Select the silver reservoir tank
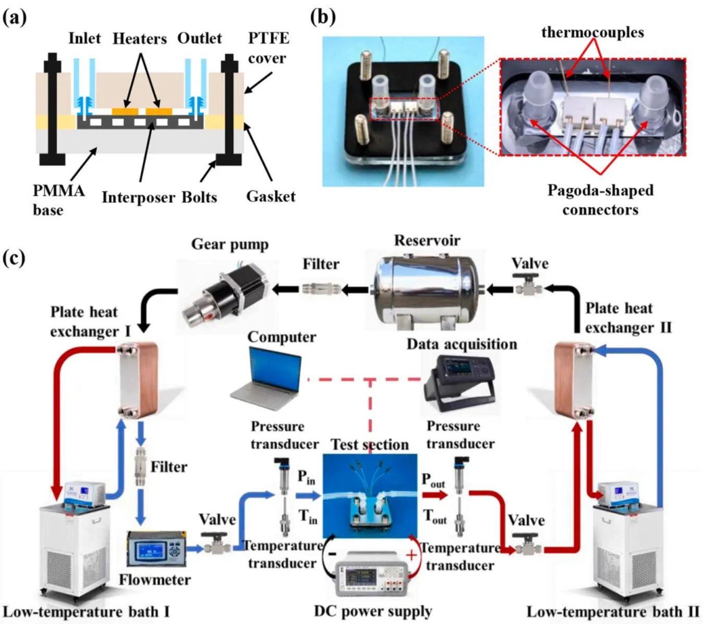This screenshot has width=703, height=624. pyautogui.click(x=427, y=289)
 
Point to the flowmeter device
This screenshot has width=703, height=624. pyautogui.click(x=156, y=548)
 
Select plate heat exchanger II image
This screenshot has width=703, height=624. pyautogui.click(x=574, y=380)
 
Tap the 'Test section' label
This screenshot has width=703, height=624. pyautogui.click(x=370, y=445)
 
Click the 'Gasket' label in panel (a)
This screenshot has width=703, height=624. pyautogui.click(x=271, y=196)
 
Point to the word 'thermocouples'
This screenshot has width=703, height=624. pyautogui.click(x=592, y=32)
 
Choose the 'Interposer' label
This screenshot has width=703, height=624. pyautogui.click(x=138, y=197)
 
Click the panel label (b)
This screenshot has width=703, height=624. pyautogui.click(x=323, y=17)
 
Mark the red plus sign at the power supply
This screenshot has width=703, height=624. pyautogui.click(x=411, y=555)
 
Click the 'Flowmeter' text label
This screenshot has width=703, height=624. pyautogui.click(x=154, y=580)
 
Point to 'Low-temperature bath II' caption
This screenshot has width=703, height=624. pyautogui.click(x=613, y=611)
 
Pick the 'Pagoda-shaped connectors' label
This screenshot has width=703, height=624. pyautogui.click(x=600, y=200)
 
